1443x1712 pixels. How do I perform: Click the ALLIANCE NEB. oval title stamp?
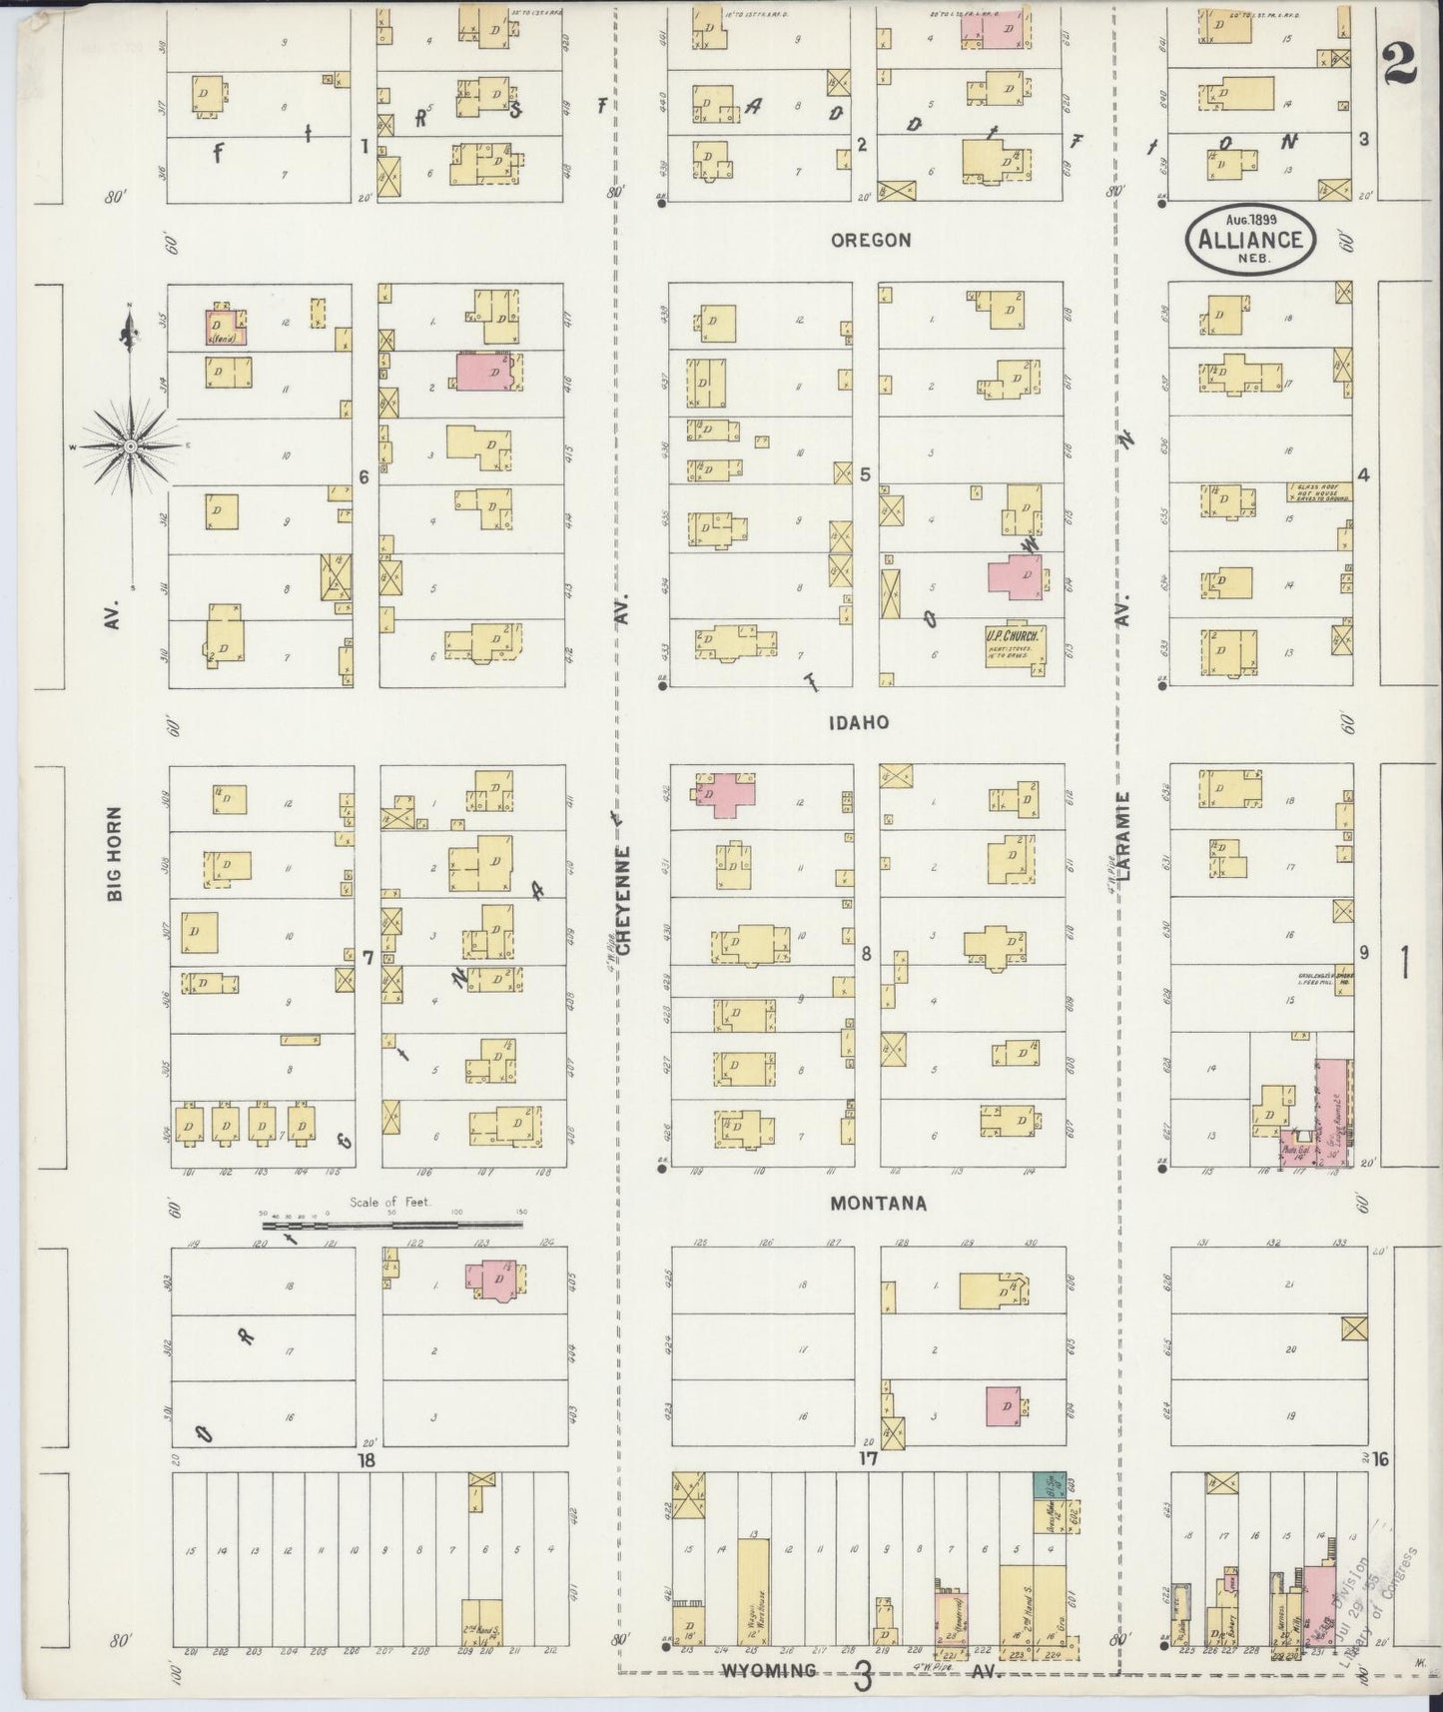click(x=1250, y=238)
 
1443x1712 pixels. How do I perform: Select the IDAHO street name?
click(x=858, y=721)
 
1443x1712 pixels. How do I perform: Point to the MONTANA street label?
click(x=878, y=1204)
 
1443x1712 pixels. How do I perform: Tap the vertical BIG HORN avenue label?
click(x=116, y=854)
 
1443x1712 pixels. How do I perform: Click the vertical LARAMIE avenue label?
click(x=1125, y=836)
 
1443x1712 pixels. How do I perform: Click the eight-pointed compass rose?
click(x=130, y=445)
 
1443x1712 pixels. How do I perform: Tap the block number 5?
click(x=865, y=475)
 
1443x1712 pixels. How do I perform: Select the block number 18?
click(x=365, y=1460)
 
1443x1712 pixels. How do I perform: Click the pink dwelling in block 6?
click(x=485, y=370)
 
